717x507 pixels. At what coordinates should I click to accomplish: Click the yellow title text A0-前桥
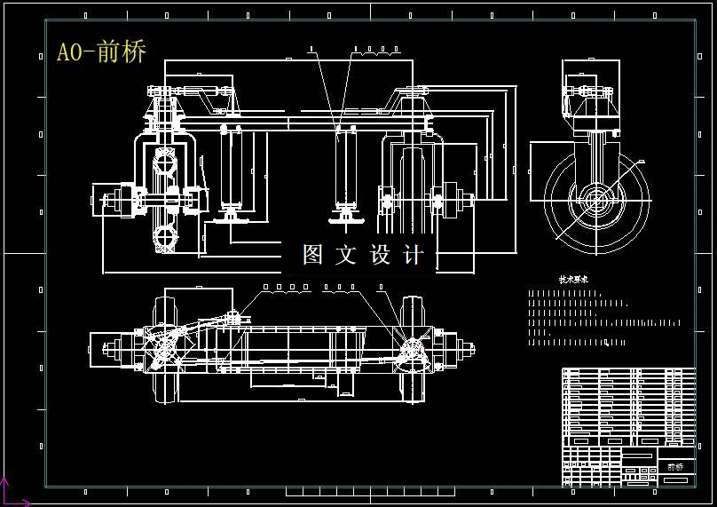point(101,51)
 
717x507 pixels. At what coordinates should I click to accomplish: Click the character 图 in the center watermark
point(313,255)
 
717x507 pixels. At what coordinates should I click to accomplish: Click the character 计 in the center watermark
point(414,255)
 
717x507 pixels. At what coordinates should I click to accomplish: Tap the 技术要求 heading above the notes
point(573,279)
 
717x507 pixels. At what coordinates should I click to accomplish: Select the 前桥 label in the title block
point(675,466)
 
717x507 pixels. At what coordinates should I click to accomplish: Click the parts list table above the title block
point(628,405)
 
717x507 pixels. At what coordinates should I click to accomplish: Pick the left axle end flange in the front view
point(116,201)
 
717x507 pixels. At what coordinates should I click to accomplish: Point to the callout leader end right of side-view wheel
point(641,160)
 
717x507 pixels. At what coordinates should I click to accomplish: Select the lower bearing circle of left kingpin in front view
point(165,237)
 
